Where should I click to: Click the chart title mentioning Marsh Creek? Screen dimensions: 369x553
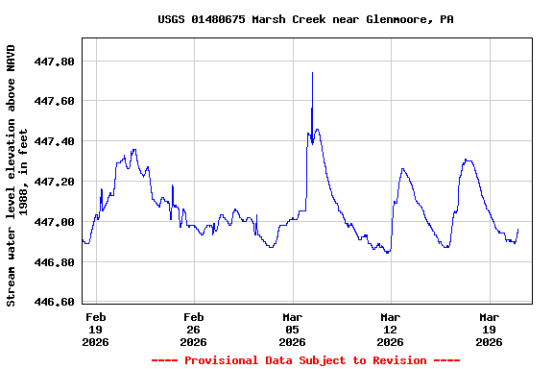coord(305,19)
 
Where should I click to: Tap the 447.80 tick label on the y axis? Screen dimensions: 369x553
coord(55,61)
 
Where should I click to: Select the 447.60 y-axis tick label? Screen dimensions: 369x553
coord(55,101)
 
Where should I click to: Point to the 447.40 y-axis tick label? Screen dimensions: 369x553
coord(55,141)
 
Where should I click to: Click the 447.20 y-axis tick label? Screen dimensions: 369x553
coord(55,182)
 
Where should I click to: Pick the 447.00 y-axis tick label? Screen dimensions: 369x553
coord(55,222)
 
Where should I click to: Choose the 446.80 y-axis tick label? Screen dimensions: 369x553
coord(55,262)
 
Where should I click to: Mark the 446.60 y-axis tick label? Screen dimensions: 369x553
coord(55,303)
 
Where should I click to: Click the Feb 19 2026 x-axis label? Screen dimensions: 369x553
coord(96,329)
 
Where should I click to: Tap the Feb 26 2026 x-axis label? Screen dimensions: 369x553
coord(194,329)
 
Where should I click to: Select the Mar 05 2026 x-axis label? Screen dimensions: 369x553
coord(293,329)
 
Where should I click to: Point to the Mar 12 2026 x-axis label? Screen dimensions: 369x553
coord(391,329)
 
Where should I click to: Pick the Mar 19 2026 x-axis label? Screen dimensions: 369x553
coord(490,329)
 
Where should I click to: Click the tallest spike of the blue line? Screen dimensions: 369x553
coord(312,74)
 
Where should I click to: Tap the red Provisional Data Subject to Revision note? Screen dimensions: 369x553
coord(305,360)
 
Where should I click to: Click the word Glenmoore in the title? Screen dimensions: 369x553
coord(399,19)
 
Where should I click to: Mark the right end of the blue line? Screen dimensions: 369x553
coord(518,229)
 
